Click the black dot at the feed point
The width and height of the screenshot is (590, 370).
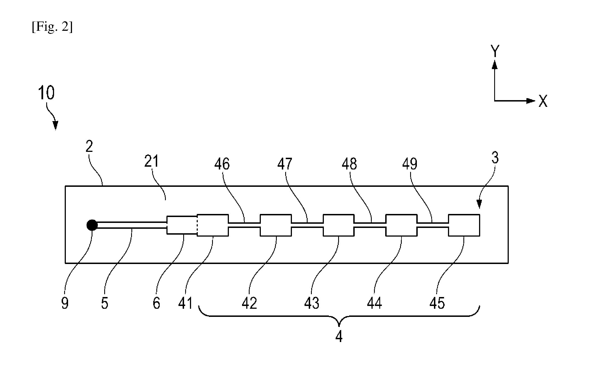pos(92,225)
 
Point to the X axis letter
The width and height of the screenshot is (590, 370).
pos(543,101)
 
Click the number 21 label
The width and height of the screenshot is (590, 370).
pos(152,161)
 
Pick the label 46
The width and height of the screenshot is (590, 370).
pos(222,164)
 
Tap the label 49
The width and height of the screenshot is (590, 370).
pos(410,164)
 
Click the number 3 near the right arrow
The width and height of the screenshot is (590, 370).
pos(495,158)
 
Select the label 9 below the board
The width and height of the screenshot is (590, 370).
pos(65,303)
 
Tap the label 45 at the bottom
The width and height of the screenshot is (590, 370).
pos(437,303)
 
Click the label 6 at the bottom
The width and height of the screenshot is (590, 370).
pos(156,303)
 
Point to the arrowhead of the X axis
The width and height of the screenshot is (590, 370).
pos(531,101)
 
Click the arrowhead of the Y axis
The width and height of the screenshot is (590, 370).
pos(495,64)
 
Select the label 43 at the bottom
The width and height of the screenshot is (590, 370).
pos(312,303)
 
